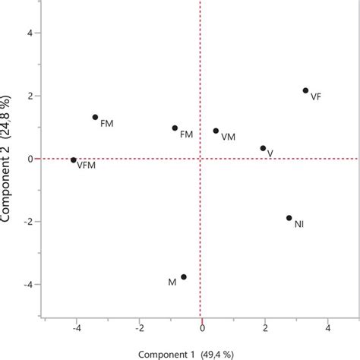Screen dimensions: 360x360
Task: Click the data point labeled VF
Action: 305,90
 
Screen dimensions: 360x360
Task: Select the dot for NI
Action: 289,218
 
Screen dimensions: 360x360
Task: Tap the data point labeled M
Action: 183,277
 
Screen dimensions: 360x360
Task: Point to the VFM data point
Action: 74,159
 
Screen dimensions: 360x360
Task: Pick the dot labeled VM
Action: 216,131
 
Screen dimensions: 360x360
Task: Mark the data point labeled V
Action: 263,148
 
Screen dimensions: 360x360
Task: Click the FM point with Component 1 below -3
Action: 95,117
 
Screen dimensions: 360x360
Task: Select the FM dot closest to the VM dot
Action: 175,128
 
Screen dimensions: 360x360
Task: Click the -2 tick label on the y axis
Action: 24,222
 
